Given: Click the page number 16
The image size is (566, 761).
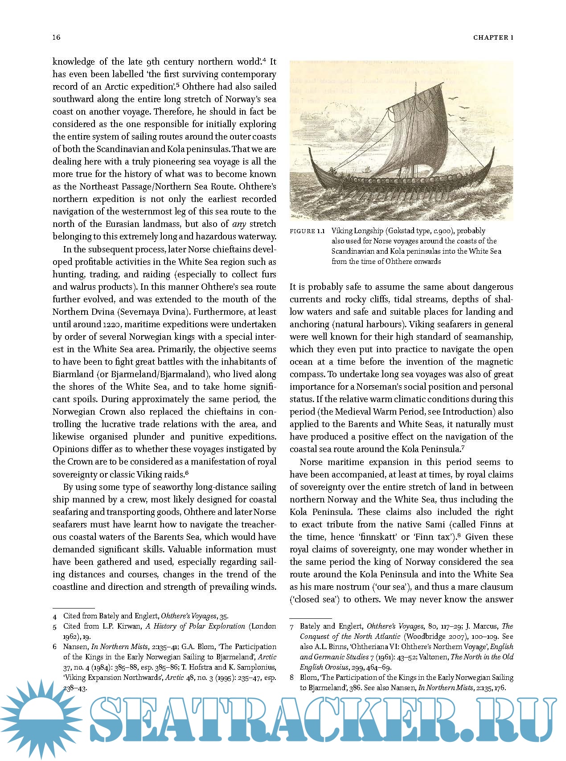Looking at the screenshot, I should coord(57,37).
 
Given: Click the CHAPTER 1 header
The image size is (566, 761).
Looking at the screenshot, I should coord(493,38).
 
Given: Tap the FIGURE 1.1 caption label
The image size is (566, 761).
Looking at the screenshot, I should coord(307,231).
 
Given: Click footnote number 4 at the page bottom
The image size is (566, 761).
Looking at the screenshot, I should coord(55,617).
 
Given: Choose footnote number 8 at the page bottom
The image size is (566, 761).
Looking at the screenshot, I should coord(292,678).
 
